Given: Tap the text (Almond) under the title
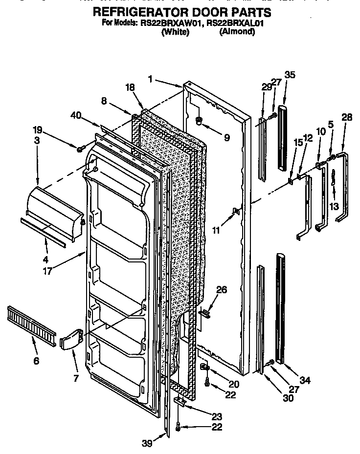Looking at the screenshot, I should pyautogui.click(x=237, y=31).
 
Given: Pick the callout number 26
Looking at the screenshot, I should pyautogui.click(x=222, y=290).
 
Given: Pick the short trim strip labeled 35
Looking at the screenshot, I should pyautogui.click(x=283, y=137).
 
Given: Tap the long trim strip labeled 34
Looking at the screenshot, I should pyautogui.click(x=281, y=308).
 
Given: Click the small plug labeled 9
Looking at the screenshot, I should pyautogui.click(x=199, y=120).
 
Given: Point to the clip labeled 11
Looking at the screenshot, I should pyautogui.click(x=236, y=211).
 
